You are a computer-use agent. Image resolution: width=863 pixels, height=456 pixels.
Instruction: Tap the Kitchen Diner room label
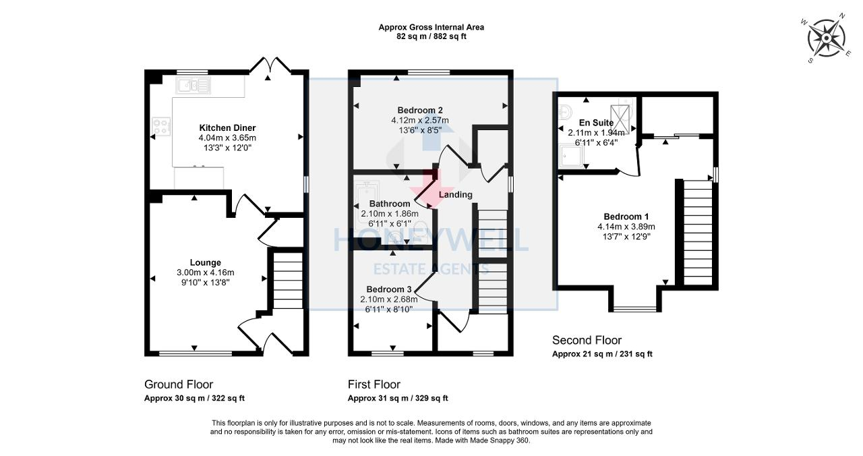(227, 127)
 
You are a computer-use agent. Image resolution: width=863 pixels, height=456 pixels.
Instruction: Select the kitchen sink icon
(194, 85)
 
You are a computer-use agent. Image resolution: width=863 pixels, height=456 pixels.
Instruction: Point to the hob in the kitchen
(162, 125)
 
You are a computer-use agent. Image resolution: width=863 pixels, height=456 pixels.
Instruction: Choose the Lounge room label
(205, 262)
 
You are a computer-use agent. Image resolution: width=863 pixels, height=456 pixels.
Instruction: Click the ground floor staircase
(288, 280)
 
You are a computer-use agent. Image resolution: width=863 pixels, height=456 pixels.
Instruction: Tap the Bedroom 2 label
(419, 110)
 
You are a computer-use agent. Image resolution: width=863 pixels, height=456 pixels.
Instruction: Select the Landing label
(455, 195)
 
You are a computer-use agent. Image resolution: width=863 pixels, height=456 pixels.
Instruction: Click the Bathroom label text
(389, 204)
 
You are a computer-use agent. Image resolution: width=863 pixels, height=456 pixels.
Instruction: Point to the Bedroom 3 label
(388, 289)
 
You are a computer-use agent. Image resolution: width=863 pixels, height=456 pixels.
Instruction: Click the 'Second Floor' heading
(587, 340)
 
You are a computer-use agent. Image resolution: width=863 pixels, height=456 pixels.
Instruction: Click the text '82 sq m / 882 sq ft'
(431, 36)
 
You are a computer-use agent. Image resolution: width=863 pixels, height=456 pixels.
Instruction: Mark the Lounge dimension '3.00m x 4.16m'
(205, 273)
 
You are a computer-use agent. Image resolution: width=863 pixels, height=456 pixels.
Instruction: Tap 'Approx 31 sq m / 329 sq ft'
(398, 398)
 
